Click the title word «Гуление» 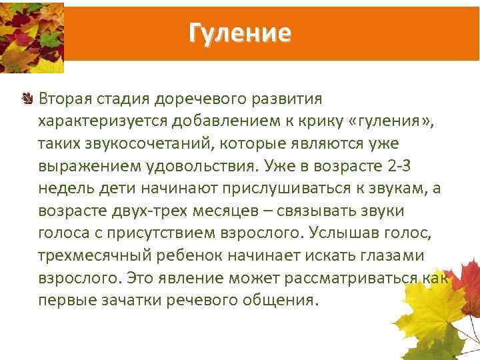[x=240, y=32]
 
